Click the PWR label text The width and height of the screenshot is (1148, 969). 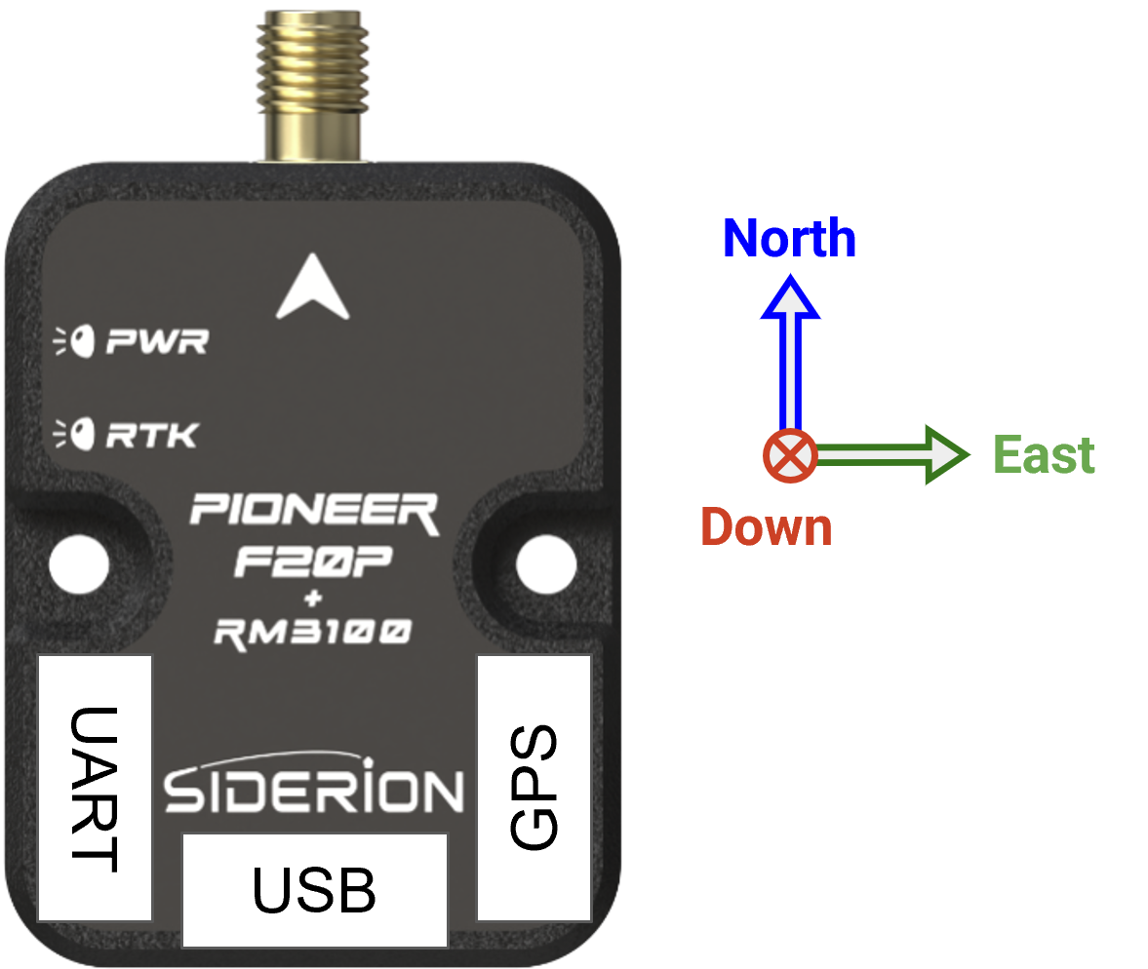(156, 342)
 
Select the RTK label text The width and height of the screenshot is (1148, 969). (151, 434)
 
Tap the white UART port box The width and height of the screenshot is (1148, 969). (95, 788)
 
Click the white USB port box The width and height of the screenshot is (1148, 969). (314, 890)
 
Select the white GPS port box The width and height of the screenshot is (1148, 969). (534, 788)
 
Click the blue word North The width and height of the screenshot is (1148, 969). (789, 239)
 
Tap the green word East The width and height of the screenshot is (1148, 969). (1043, 455)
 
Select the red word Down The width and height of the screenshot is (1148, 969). (766, 527)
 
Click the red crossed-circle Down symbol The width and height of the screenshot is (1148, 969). (789, 455)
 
